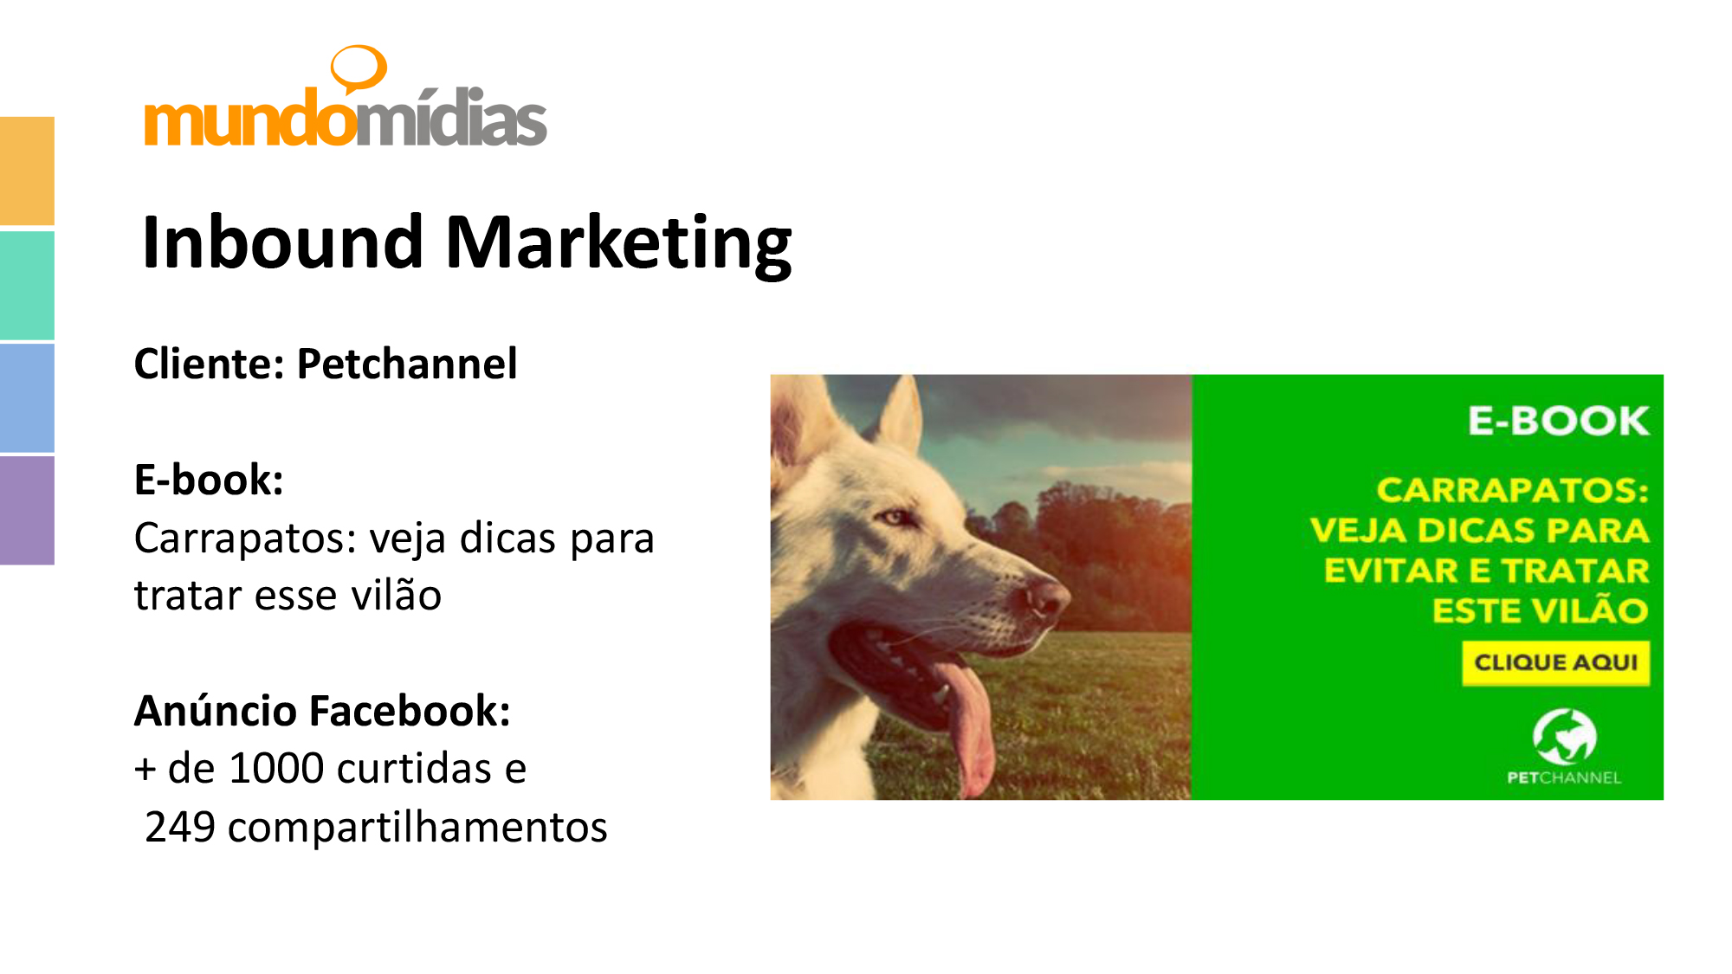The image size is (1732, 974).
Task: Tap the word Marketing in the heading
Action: (618, 245)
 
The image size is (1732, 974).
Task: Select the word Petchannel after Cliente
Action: (407, 364)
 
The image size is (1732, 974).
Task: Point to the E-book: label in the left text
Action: (209, 480)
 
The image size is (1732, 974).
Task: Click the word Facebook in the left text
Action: (410, 711)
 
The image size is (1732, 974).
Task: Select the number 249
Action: (180, 827)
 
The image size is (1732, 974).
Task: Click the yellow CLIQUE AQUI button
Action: (1555, 663)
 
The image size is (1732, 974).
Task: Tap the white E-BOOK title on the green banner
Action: (1558, 421)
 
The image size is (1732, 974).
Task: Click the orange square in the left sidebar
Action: (27, 171)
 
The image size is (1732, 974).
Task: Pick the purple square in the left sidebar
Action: (27, 511)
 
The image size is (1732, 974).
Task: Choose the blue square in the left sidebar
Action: (27, 397)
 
